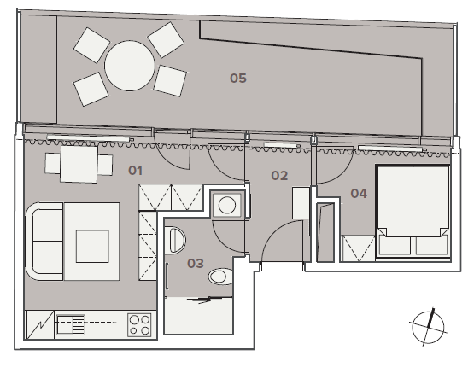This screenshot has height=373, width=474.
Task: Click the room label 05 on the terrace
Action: [x=238, y=79]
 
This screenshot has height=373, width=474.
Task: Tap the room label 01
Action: [x=136, y=171]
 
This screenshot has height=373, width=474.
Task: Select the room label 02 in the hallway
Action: [x=279, y=176]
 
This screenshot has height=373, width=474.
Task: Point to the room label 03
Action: [x=196, y=264]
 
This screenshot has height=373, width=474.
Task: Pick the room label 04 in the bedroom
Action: [x=359, y=193]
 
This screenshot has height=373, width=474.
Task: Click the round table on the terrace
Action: [x=130, y=66]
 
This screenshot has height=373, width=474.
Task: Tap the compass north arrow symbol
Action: [x=429, y=328]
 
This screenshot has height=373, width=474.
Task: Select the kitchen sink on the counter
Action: [x=71, y=324]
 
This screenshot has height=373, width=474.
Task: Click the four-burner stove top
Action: [x=139, y=324]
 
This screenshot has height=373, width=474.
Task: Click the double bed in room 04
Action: [x=413, y=212]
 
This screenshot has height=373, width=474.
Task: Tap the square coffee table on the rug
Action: [x=92, y=246]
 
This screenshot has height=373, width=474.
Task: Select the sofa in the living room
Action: [x=44, y=242]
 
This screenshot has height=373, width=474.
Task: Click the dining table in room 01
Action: [x=79, y=164]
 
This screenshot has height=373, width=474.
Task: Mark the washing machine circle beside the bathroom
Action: [x=227, y=205]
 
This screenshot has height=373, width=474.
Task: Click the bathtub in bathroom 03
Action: [x=199, y=316]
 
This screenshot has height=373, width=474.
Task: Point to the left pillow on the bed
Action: [x=395, y=245]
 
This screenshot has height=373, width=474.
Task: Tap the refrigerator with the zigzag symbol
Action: [x=39, y=324]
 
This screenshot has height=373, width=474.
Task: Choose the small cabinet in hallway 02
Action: [x=301, y=203]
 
